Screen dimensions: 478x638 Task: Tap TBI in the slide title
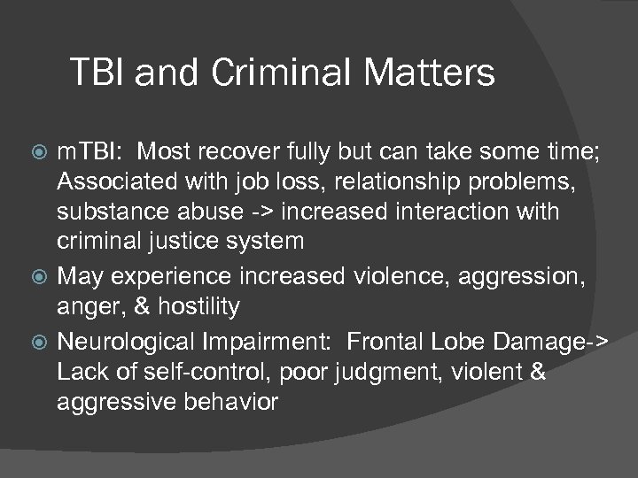[100, 73]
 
